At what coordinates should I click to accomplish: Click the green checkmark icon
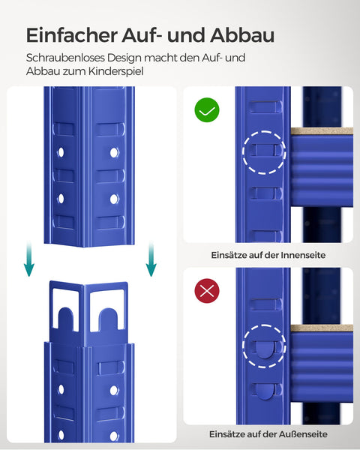[x=206, y=111]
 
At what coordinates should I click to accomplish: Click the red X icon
[x=206, y=292]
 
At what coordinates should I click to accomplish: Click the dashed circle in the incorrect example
[x=264, y=345]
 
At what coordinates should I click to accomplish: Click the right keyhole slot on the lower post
[x=106, y=308]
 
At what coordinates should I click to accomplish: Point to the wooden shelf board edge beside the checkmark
[x=321, y=131]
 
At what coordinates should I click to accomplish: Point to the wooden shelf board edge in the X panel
[x=321, y=328]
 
